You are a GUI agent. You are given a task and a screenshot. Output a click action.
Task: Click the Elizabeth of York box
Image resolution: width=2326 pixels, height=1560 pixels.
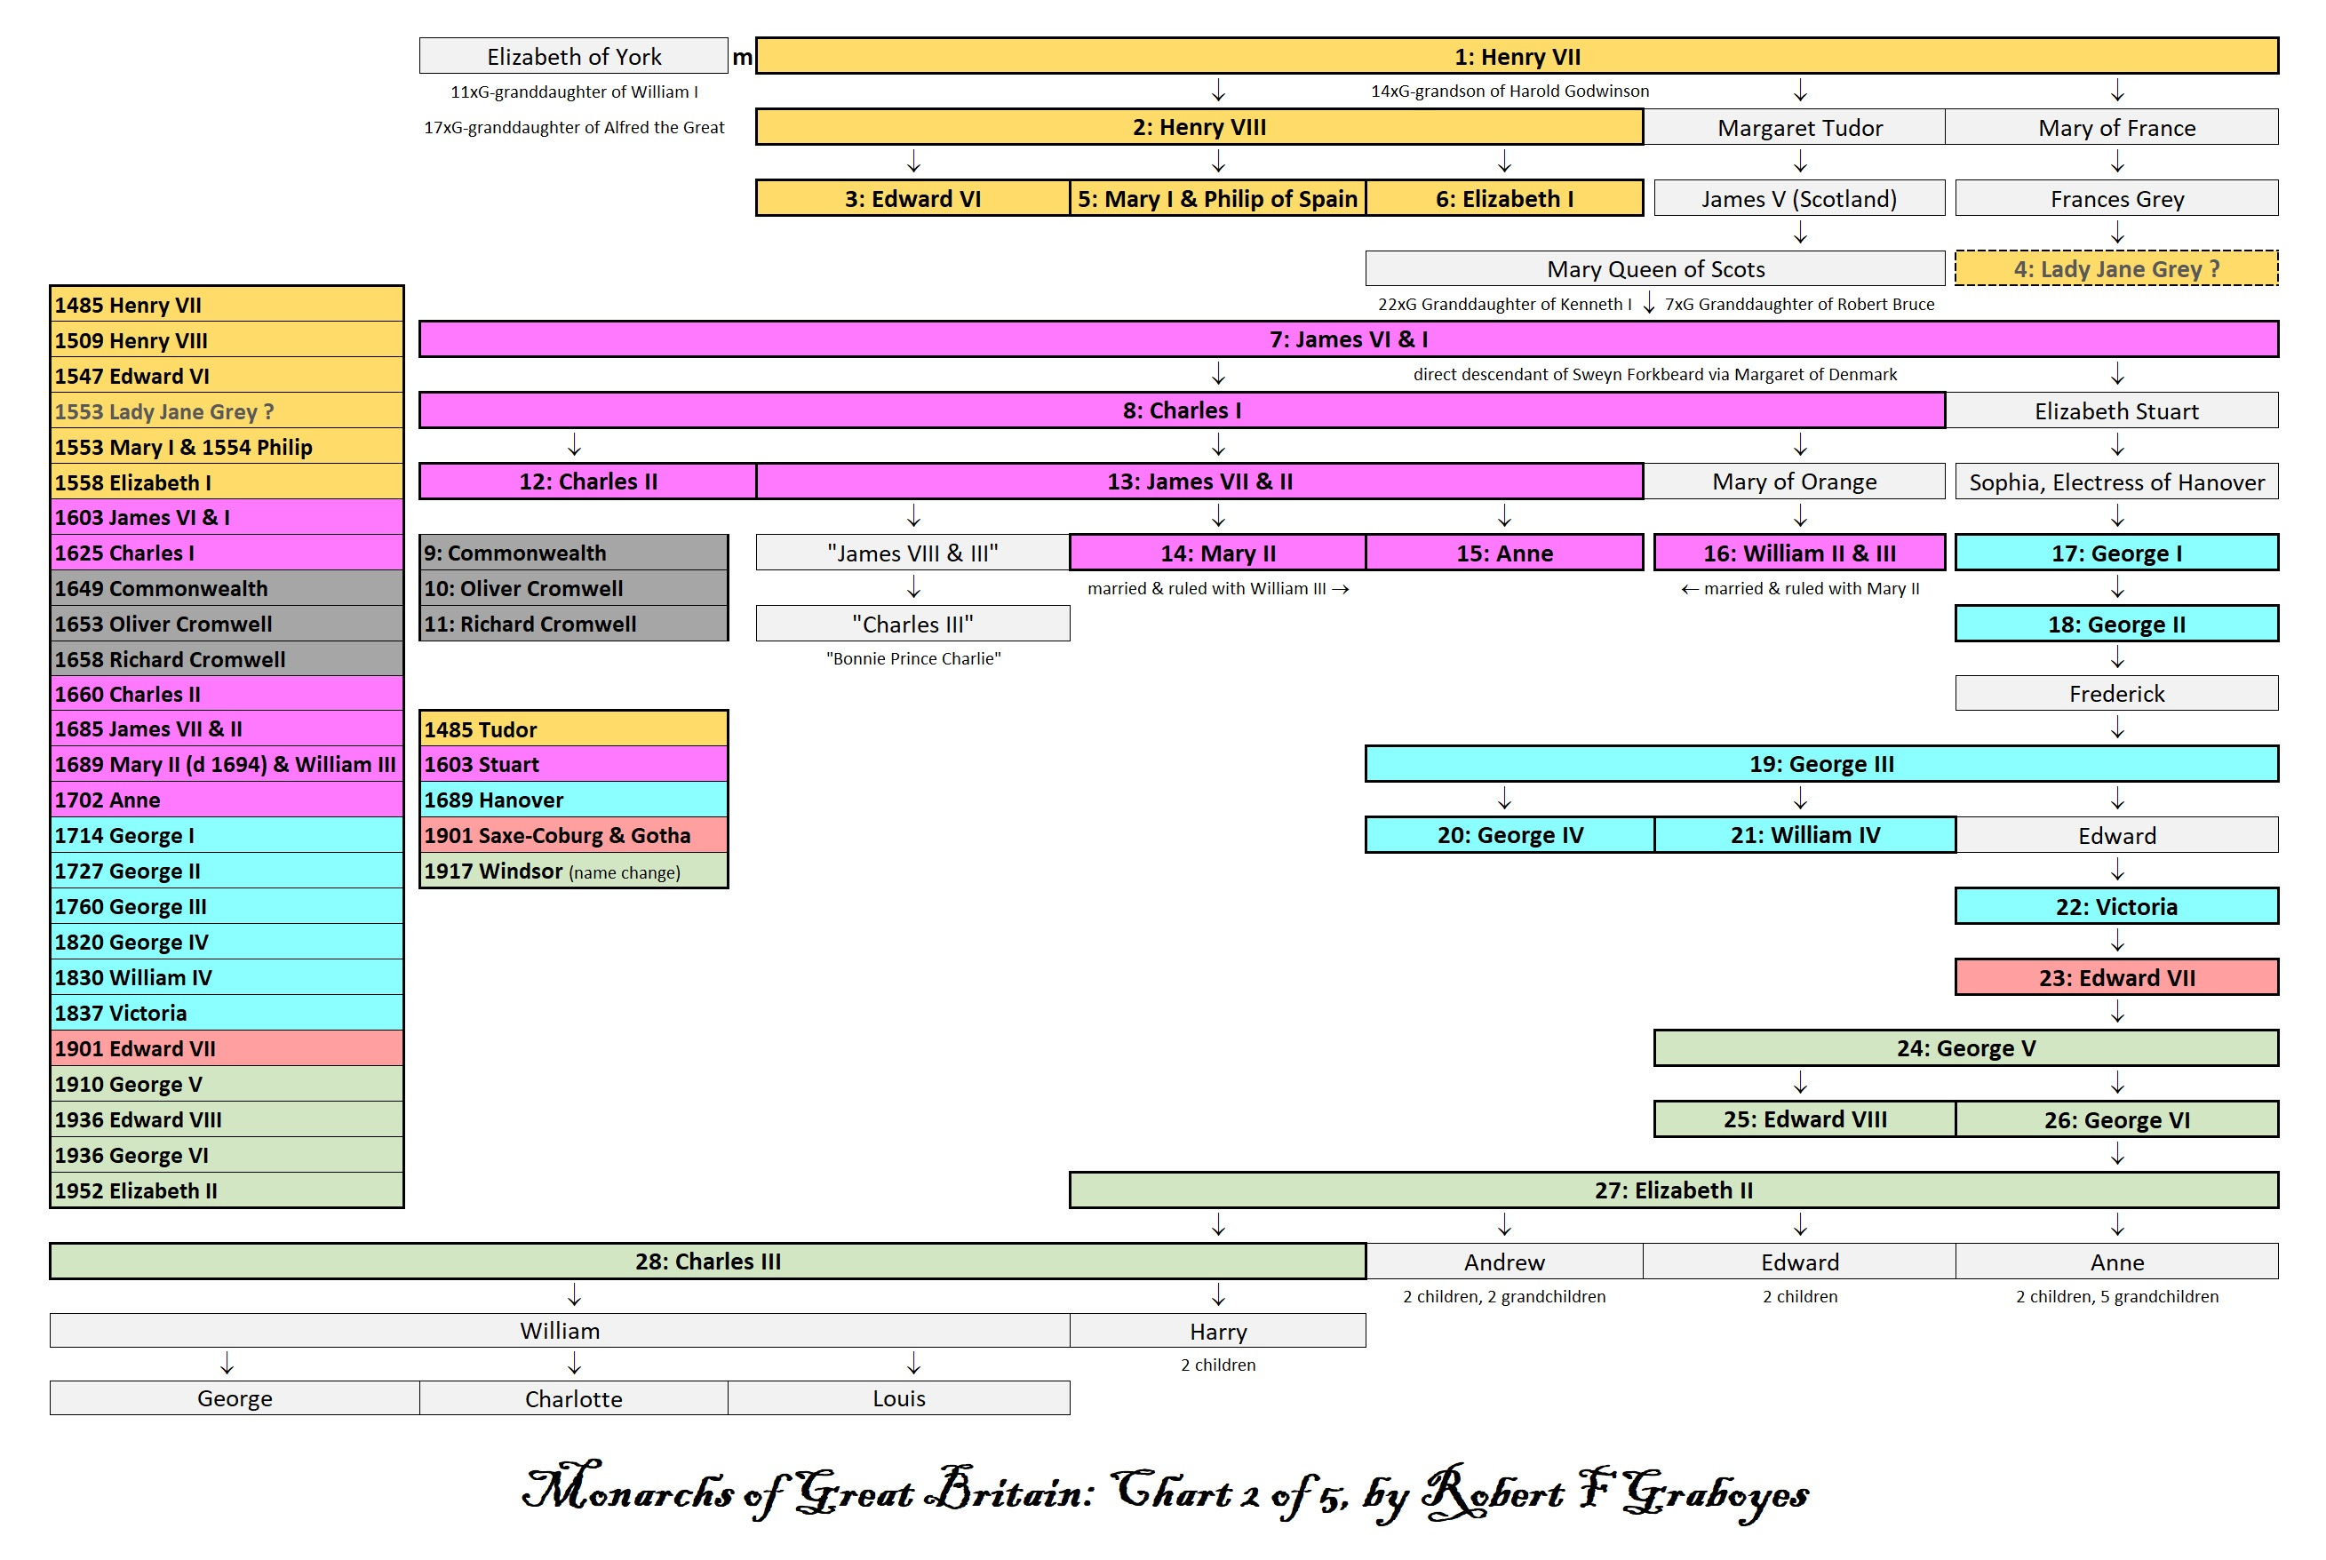pyautogui.click(x=573, y=57)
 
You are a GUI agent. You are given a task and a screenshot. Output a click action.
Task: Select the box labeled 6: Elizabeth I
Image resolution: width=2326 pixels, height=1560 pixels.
pyautogui.click(x=1503, y=199)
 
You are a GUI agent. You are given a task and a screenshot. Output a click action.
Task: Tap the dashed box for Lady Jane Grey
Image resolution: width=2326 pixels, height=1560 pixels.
pyautogui.click(x=2115, y=268)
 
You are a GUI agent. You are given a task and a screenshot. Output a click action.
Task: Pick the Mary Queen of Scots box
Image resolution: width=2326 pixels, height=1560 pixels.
pyautogui.click(x=1654, y=268)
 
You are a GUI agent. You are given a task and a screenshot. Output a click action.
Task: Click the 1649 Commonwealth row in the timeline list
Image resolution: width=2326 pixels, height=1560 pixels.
pyautogui.click(x=227, y=588)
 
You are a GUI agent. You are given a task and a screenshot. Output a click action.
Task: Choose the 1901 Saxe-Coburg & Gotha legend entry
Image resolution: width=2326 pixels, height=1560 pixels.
pyautogui.click(x=573, y=836)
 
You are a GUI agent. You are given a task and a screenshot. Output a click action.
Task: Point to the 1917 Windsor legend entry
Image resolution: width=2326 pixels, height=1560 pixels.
pyautogui.click(x=573, y=872)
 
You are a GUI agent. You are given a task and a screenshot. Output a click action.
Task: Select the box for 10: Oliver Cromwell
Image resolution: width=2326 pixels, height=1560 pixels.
pyautogui.click(x=573, y=588)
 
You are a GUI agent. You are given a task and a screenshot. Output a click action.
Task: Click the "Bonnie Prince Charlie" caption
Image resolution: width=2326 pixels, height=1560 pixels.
pyautogui.click(x=912, y=658)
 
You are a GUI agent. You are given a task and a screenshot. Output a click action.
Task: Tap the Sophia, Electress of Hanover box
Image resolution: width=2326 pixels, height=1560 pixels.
pyautogui.click(x=2115, y=482)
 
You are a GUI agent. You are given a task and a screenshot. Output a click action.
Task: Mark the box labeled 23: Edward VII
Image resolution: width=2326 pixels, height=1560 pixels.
pyautogui.click(x=2115, y=978)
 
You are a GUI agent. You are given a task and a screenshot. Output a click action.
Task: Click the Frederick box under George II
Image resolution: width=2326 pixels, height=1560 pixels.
pyautogui.click(x=2115, y=694)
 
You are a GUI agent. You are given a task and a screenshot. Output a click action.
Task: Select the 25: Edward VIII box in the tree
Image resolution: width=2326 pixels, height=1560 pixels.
pyautogui.click(x=1804, y=1119)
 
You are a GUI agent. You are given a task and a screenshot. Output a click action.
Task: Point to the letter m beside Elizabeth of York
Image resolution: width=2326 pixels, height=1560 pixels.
pyautogui.click(x=742, y=58)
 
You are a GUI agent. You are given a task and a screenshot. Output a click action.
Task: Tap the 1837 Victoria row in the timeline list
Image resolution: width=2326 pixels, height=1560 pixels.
pyautogui.click(x=227, y=1013)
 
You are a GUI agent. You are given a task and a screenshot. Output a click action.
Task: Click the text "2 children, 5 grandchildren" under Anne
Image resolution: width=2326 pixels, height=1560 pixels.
pyautogui.click(x=2116, y=1296)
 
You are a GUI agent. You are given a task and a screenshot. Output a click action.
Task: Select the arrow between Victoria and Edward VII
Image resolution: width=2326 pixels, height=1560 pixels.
pyautogui.click(x=2117, y=941)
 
